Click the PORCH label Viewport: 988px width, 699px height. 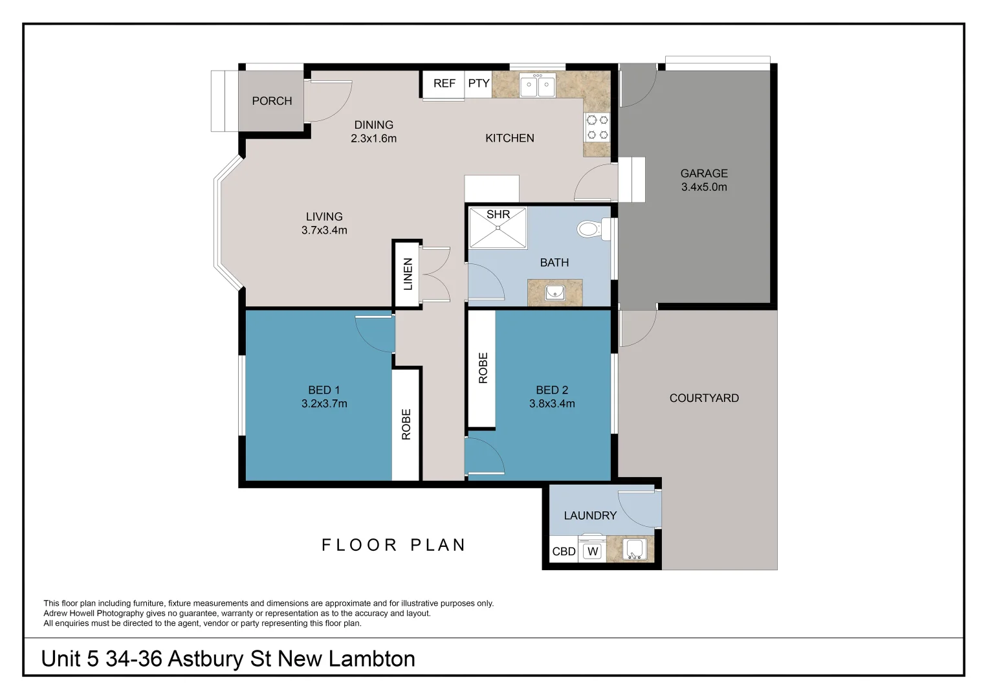tap(272, 101)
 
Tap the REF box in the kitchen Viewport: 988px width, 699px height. tap(444, 83)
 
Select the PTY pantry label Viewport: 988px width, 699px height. tap(478, 83)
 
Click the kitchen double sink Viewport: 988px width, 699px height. tap(537, 85)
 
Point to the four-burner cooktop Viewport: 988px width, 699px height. tap(597, 127)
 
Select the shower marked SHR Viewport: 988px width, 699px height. tap(498, 227)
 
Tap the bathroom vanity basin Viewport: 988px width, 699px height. tap(554, 293)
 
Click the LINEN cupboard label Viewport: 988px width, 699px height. tap(408, 274)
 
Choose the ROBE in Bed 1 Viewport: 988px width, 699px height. tap(406, 424)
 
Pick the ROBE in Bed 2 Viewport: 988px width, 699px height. tap(483, 368)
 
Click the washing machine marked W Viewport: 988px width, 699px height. tap(592, 551)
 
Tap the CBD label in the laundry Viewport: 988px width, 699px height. tap(563, 551)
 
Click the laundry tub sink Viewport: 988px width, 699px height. tap(634, 549)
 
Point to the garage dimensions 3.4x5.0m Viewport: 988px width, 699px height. tap(704, 187)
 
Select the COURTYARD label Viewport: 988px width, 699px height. tap(704, 398)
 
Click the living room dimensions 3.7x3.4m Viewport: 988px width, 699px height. tap(324, 230)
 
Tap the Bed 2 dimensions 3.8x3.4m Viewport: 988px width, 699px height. tap(551, 404)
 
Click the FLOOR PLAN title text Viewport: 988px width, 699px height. tap(393, 545)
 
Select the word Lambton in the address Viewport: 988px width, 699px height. tap(372, 659)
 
